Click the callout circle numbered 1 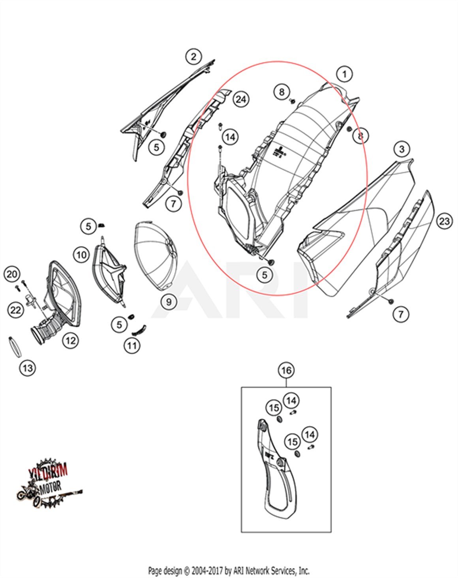pos(344,74)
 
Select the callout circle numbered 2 pos(193,56)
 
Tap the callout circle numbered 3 pos(402,149)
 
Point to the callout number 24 pos(241,99)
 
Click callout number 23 pos(445,221)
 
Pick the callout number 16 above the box pos(286,370)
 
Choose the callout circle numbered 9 pos(169,302)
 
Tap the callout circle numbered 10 pos(81,255)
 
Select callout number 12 pos(70,340)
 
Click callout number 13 pos(27,368)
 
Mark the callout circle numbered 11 pos(132,346)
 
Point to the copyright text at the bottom pos(229,570)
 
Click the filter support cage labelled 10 pos(109,272)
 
